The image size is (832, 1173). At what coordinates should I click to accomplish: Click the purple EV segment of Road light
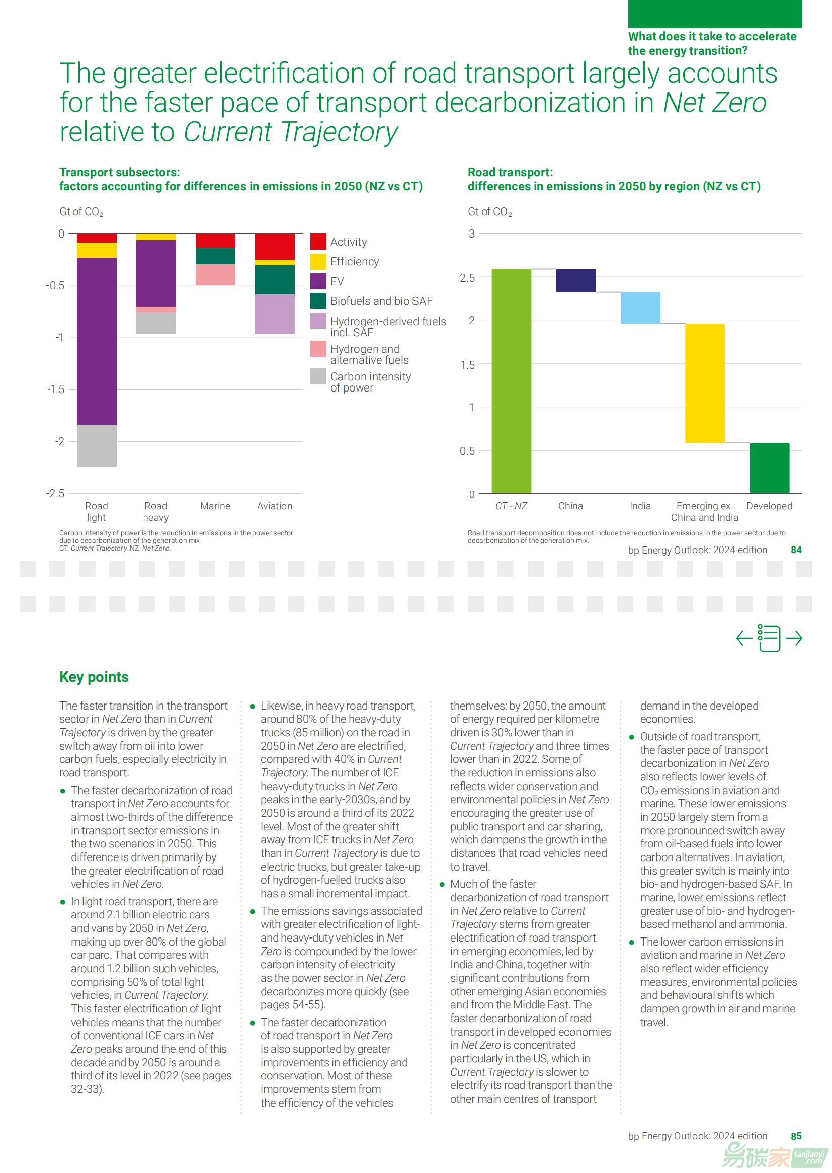point(96,341)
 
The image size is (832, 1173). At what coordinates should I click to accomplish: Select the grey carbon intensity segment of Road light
point(96,445)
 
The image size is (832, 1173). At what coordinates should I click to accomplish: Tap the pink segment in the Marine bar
point(215,275)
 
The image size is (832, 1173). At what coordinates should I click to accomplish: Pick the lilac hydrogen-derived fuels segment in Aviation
point(275,314)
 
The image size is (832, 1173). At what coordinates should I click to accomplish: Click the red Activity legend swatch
point(318,242)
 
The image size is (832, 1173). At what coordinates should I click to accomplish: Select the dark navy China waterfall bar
point(575,280)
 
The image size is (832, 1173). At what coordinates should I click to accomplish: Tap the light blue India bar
point(640,307)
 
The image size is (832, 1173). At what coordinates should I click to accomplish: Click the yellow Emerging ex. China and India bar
point(704,383)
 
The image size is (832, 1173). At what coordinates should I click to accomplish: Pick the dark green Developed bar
point(769,467)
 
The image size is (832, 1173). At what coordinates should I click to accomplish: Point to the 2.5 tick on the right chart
point(467,278)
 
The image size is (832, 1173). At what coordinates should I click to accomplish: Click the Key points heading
point(94,677)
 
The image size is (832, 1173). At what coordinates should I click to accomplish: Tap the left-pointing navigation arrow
point(744,638)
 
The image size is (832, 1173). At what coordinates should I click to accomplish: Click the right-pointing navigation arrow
point(794,638)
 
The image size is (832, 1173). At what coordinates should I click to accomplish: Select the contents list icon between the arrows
point(769,638)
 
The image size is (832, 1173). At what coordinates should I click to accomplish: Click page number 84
point(796,550)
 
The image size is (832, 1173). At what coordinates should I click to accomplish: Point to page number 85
point(796,1136)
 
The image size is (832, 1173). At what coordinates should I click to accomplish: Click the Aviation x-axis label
point(275,506)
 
